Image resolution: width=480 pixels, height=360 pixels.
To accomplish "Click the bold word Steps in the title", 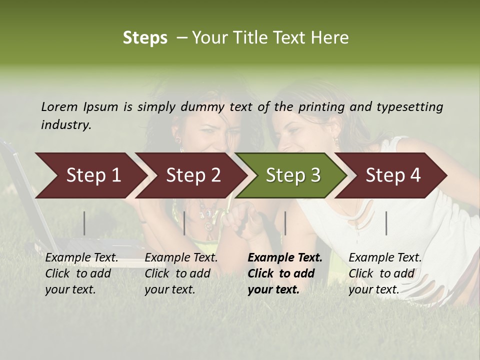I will pyautogui.click(x=145, y=38).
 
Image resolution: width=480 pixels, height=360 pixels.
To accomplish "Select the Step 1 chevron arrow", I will pyautogui.click(x=90, y=175).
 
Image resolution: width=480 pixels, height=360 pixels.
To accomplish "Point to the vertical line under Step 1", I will pyautogui.click(x=84, y=223).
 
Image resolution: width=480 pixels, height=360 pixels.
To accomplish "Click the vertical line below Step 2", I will pyautogui.click(x=184, y=223).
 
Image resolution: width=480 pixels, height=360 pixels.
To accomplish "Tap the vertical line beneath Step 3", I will pyautogui.click(x=285, y=223).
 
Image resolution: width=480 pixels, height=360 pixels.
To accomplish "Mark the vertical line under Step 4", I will pyautogui.click(x=386, y=223).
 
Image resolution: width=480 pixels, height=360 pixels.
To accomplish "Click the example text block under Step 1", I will pyautogui.click(x=81, y=273).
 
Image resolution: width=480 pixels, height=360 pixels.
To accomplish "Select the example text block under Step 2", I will pyautogui.click(x=181, y=273).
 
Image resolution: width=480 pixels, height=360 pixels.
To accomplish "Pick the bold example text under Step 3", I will pyautogui.click(x=285, y=273).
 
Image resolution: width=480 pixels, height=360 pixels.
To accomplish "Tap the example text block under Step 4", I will pyautogui.click(x=385, y=273).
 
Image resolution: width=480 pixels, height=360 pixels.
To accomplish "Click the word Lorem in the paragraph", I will pyautogui.click(x=59, y=106).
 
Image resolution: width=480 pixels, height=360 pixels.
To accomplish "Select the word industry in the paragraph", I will pyautogui.click(x=66, y=125).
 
